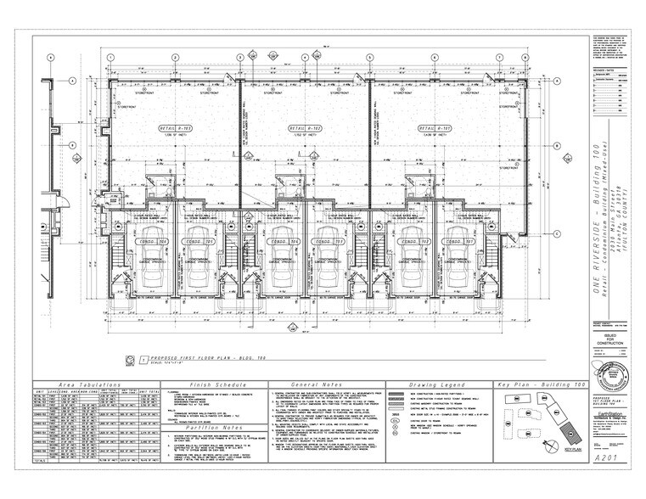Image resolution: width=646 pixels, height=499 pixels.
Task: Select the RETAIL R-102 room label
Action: click(303, 128)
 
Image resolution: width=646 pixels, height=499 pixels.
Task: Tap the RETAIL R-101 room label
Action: click(431, 128)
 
